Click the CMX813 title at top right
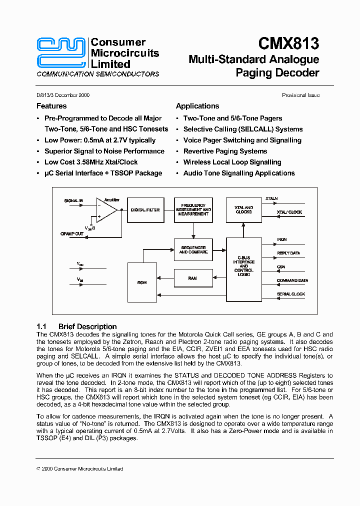(289, 44)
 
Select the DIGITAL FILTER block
(145, 210)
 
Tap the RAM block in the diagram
(192, 278)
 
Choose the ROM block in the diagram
(142, 282)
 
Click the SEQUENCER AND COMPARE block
(193, 249)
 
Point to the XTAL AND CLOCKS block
(243, 209)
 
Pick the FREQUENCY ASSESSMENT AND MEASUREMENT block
(193, 209)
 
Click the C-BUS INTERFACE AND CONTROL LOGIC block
(243, 266)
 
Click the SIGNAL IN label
(73, 200)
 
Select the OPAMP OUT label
(72, 233)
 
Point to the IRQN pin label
(282, 239)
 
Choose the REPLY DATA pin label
(288, 253)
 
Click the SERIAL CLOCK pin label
(290, 294)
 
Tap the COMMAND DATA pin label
(292, 280)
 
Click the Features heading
(51, 106)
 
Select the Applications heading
(197, 106)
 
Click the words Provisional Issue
(300, 95)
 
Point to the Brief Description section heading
(87, 326)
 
